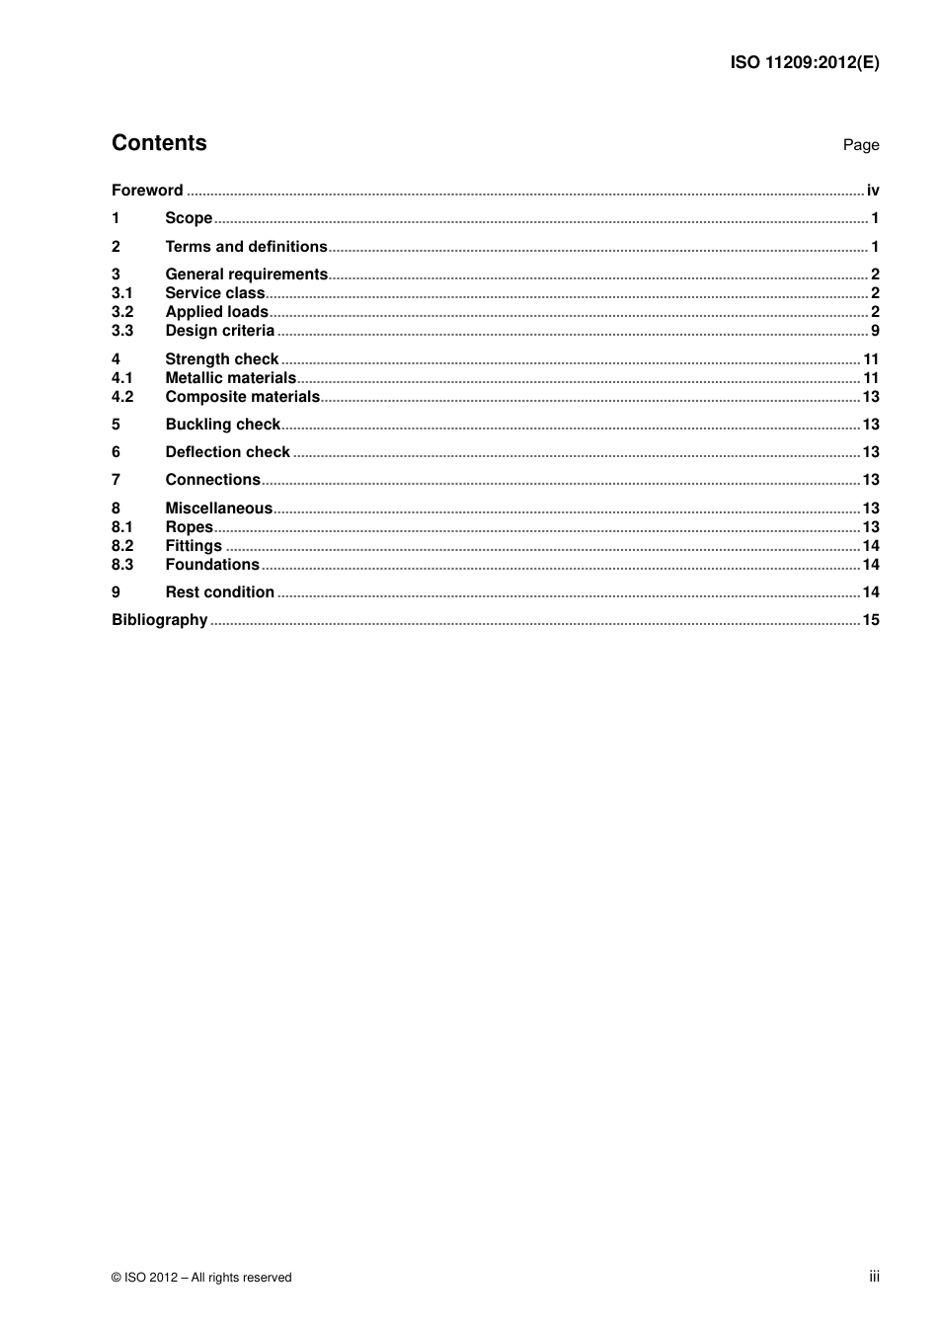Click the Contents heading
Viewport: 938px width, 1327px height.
[x=159, y=143]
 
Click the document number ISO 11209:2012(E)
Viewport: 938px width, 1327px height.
[x=804, y=62]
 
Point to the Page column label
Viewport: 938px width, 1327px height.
[x=860, y=145]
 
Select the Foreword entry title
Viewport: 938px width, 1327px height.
[x=147, y=191]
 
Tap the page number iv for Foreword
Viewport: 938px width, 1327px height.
[x=873, y=191]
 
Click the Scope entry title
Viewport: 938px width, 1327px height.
[x=189, y=218]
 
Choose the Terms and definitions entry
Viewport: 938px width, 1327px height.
[x=246, y=247]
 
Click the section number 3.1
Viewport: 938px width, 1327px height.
[x=121, y=293]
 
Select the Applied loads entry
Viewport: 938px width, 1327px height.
[x=216, y=312]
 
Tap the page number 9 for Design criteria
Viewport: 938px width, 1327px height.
[x=875, y=331]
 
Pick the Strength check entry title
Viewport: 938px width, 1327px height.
[x=221, y=359]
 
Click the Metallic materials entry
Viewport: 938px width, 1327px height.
[x=230, y=378]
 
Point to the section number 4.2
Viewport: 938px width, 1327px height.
[x=122, y=397]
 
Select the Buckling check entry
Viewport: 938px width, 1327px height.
[x=222, y=425]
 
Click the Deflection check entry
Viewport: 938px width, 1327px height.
[x=227, y=452]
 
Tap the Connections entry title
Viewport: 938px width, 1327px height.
[x=212, y=480]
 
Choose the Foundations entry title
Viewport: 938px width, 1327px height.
[x=212, y=565]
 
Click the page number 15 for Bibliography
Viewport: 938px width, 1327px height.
[x=870, y=620]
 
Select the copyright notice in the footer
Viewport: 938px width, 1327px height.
[x=201, y=1278]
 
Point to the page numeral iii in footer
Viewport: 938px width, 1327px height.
[x=874, y=1277]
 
